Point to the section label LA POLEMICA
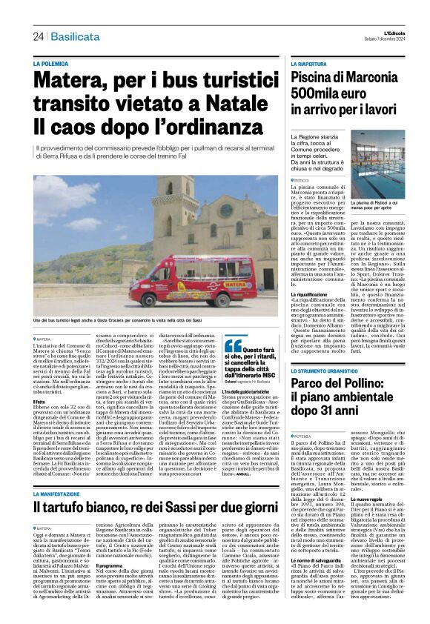(x=71, y=64)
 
